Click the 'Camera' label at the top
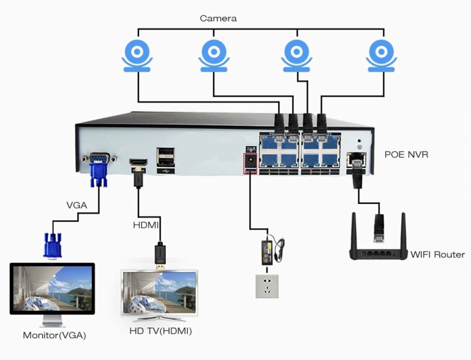218,19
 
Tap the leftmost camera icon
137,56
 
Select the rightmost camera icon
381,56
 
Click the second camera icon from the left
214,56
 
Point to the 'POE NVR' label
406,154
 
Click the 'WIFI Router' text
437,254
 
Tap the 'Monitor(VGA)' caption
54,335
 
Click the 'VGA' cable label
76,205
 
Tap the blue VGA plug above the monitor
52,245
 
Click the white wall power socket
267,286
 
